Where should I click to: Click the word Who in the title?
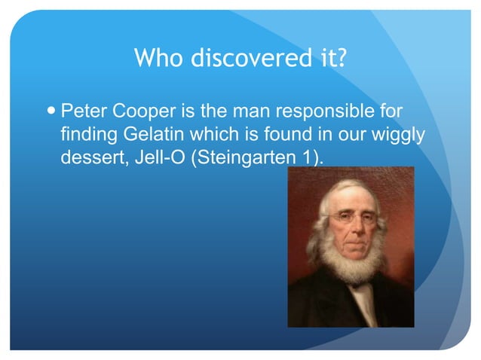click(157, 58)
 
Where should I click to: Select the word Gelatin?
click(140, 136)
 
